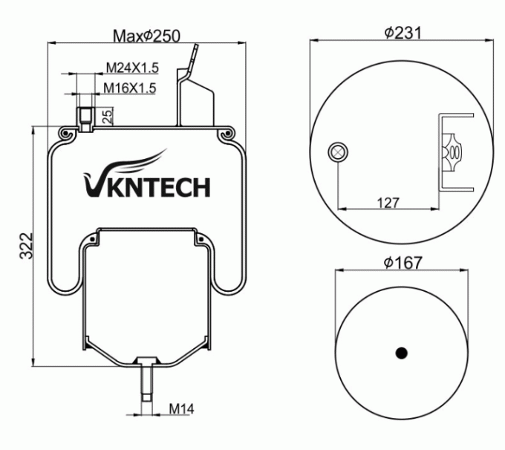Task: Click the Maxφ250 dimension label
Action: (146, 36)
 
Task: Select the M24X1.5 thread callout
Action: (131, 68)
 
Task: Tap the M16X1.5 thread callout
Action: (129, 88)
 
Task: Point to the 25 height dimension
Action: (107, 115)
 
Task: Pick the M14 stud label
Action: (180, 408)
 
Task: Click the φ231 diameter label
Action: (403, 33)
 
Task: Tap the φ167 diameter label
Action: (403, 263)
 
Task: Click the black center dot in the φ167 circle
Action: (402, 353)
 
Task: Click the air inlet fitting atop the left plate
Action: (85, 116)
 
